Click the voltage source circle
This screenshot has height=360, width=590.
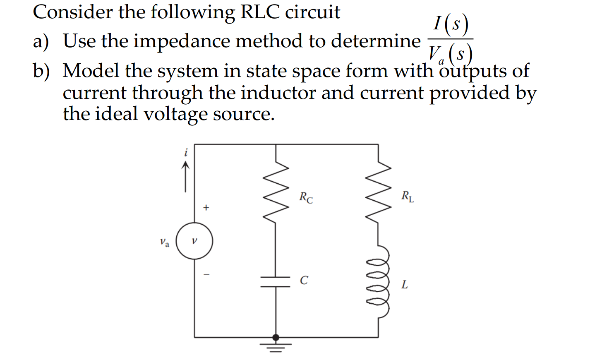point(194,241)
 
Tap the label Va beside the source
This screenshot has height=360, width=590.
point(165,242)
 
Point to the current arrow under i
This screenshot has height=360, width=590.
point(185,177)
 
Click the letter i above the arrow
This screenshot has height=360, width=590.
point(186,153)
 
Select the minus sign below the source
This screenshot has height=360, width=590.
point(207,274)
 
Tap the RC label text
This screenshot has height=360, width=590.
point(306,197)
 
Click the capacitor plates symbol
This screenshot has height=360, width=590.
point(276,282)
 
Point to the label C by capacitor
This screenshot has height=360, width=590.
point(304,281)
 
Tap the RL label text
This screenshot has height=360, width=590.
point(407,196)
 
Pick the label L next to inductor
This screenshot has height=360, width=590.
point(404,285)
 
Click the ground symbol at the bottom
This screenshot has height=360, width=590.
point(276,347)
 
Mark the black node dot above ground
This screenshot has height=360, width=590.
point(276,338)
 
